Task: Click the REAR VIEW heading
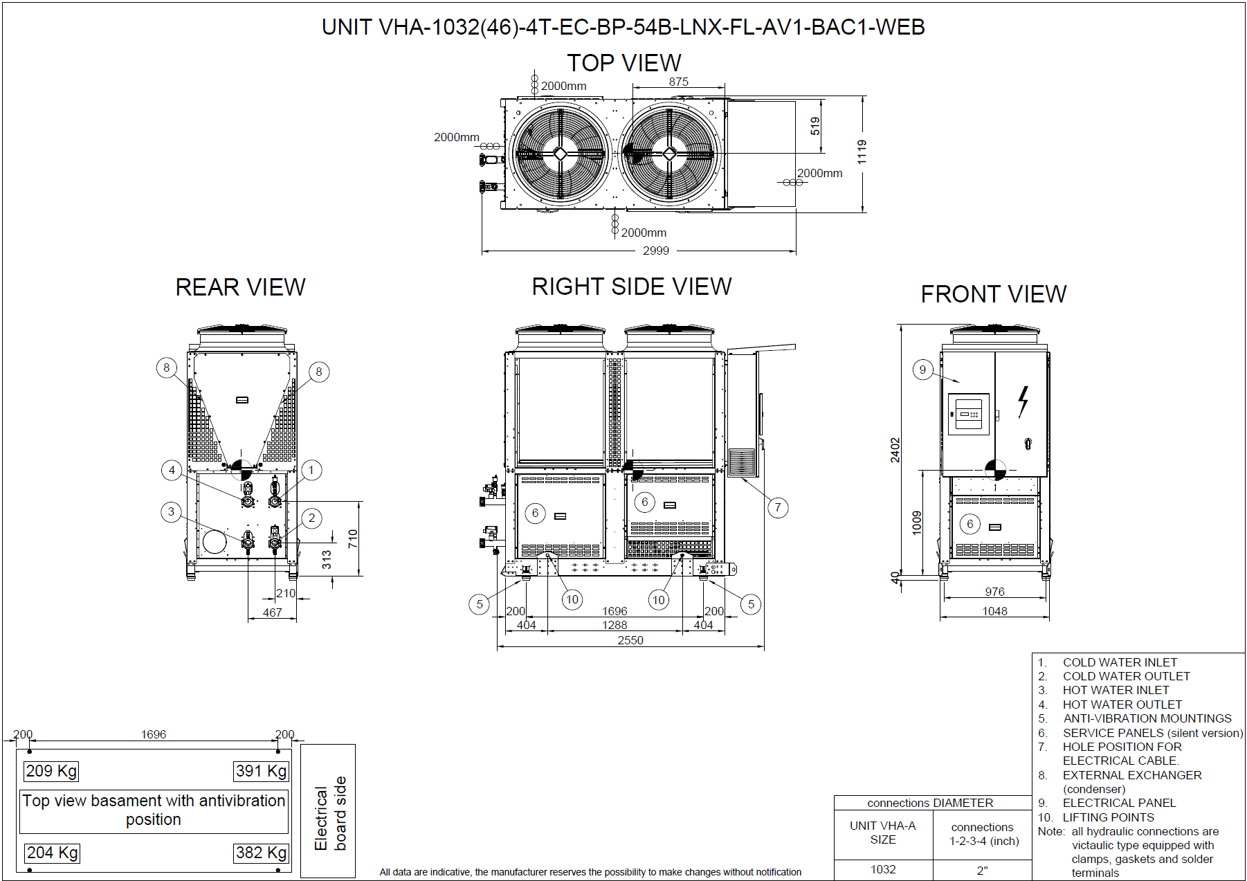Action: pyautogui.click(x=240, y=287)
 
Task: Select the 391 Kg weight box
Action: pyautogui.click(x=261, y=771)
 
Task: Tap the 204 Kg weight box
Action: pyautogui.click(x=52, y=853)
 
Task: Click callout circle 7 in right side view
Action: pyautogui.click(x=778, y=507)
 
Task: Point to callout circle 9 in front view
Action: pyautogui.click(x=922, y=370)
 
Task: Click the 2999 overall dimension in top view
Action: pyautogui.click(x=655, y=251)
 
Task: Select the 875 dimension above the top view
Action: pyautogui.click(x=678, y=82)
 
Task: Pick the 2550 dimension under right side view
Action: pyautogui.click(x=630, y=640)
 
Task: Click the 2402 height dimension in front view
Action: pyautogui.click(x=895, y=450)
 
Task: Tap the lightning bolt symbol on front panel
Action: pyautogui.click(x=1023, y=401)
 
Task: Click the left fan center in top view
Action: pyautogui.click(x=560, y=154)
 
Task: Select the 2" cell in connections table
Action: pyautogui.click(x=982, y=870)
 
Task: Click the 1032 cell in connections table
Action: pyautogui.click(x=882, y=869)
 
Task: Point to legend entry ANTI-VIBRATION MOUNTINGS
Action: pyautogui.click(x=1147, y=718)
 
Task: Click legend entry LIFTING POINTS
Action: pyautogui.click(x=1108, y=817)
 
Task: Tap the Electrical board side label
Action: pyautogui.click(x=329, y=813)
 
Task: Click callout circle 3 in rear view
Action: pyautogui.click(x=171, y=511)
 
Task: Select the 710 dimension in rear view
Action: pyautogui.click(x=353, y=538)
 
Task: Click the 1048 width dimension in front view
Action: pyautogui.click(x=994, y=611)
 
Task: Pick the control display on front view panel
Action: pyautogui.click(x=968, y=414)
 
